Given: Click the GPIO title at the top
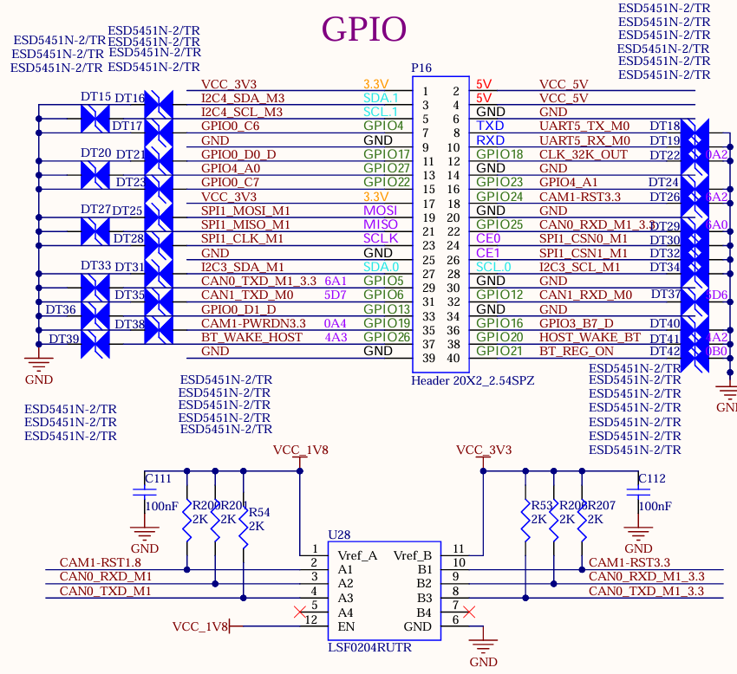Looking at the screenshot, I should point(364,29).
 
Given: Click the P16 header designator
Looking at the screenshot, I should point(421,68).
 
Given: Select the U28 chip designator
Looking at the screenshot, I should point(339,535).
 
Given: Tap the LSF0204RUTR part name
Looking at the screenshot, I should point(369,647).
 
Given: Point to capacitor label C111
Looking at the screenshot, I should point(158,478).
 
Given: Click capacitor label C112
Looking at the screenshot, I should point(651,478).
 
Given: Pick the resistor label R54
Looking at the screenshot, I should point(259,512).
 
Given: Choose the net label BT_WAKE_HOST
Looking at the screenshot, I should point(251,337).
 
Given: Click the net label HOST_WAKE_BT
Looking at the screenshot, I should point(590,337).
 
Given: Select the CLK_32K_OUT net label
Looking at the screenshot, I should point(584,154).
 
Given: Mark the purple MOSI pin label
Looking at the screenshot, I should point(381,211).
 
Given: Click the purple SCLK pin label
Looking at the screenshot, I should point(381,238).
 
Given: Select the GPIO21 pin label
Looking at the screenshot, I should point(499,351).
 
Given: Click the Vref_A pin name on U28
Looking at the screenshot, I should point(356,555).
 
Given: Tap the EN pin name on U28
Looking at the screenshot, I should point(346,626).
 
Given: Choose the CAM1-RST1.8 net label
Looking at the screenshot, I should point(100,562).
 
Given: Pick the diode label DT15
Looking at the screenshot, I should point(96,97).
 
